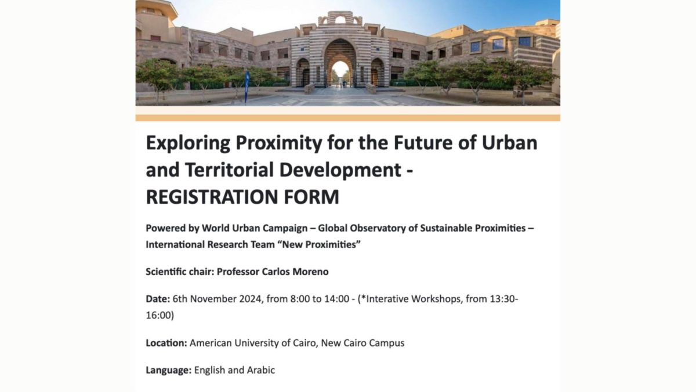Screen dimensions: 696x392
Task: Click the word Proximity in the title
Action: point(278,143)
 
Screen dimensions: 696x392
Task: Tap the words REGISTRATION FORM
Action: point(242,197)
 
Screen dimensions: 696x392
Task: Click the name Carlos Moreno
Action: point(295,272)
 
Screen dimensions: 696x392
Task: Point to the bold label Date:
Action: point(158,299)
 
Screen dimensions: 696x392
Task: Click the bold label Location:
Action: point(166,343)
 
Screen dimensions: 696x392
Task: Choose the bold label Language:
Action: point(169,371)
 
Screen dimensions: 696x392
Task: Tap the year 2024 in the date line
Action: point(251,299)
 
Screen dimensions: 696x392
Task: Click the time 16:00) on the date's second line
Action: point(160,315)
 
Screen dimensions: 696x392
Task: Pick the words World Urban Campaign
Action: point(255,228)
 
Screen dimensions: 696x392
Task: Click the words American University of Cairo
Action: point(253,343)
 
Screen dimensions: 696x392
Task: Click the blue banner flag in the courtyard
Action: point(246,87)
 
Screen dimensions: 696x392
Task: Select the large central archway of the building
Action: point(340,62)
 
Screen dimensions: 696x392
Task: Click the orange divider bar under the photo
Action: point(347,118)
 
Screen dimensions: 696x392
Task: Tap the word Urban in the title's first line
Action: point(510,143)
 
